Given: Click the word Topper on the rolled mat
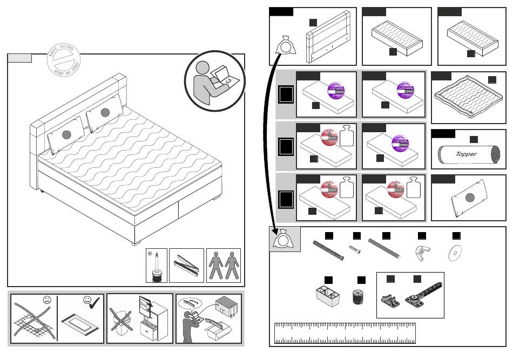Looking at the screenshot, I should (466, 154).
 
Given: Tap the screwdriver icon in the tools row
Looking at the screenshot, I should (157, 266).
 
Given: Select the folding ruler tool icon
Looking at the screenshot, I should (187, 266).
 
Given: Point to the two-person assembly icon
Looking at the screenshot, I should (224, 266).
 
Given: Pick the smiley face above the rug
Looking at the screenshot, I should (87, 300).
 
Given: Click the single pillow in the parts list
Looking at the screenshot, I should (469, 199).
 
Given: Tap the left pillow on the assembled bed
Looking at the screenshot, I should (66, 135).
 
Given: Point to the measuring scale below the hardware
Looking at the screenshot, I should (345, 333).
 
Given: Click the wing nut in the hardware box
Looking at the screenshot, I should (422, 252).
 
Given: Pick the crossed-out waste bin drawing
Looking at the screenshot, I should (122, 318).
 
